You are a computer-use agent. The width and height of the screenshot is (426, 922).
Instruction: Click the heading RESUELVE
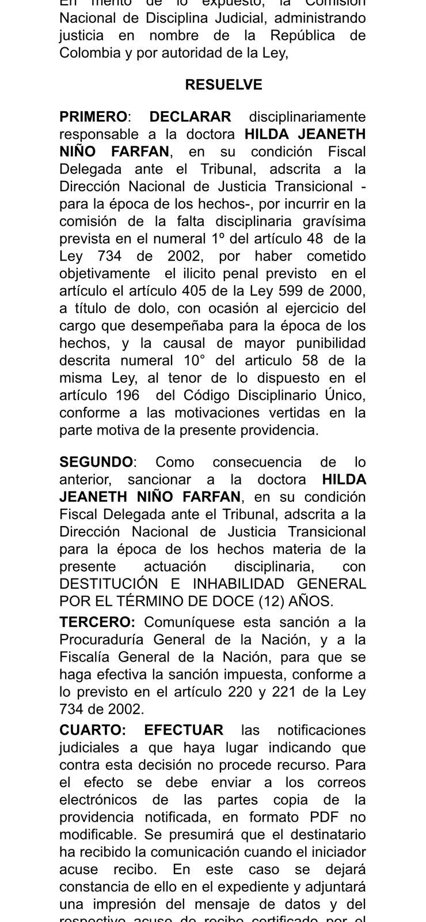(223, 85)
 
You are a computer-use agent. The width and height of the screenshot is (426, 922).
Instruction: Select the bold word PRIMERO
(93, 116)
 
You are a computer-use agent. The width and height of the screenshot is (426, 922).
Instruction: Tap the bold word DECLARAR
(190, 116)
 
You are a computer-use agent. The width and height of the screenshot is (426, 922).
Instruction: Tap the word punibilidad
(331, 343)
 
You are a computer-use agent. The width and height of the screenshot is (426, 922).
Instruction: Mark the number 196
(126, 395)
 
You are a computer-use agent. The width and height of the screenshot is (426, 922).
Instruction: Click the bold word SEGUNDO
(96, 462)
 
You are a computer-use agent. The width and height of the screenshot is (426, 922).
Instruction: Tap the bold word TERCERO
(96, 622)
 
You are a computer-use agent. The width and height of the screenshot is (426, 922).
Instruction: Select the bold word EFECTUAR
(184, 730)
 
